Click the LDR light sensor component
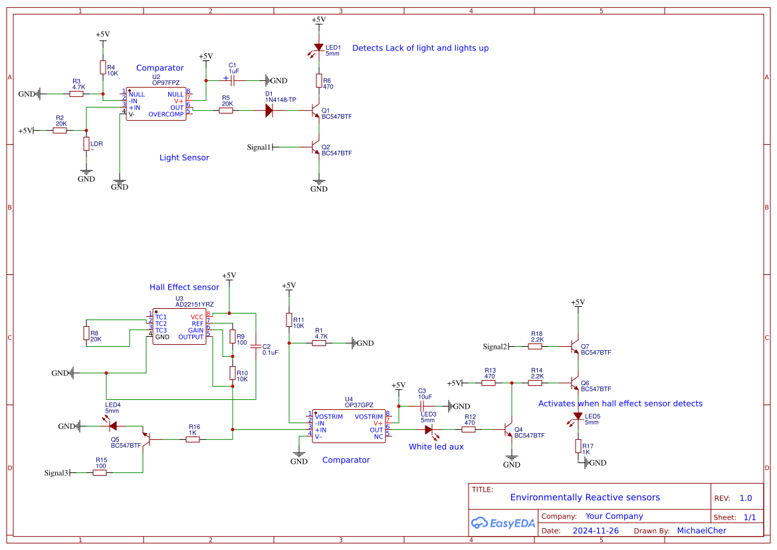(x=86, y=144)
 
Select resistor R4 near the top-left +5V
(x=102, y=68)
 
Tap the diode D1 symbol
(x=269, y=111)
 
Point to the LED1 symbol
(x=319, y=49)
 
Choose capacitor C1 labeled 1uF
(x=233, y=80)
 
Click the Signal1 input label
(x=259, y=147)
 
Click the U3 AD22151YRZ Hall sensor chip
(x=179, y=327)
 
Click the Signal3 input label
(x=56, y=473)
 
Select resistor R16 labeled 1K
(x=193, y=439)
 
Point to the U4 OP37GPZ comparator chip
(x=348, y=426)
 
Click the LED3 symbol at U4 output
(x=429, y=430)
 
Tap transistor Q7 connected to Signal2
(x=575, y=347)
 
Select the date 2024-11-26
(x=595, y=531)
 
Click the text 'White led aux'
(x=436, y=447)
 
